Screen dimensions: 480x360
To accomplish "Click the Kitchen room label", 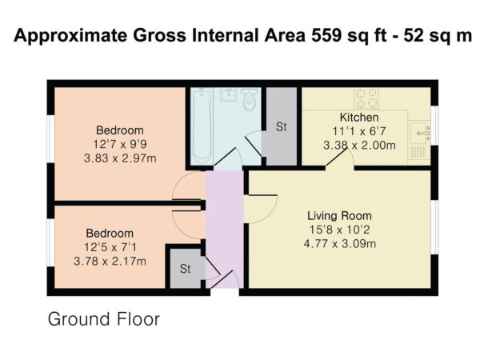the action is pyautogui.click(x=359, y=118).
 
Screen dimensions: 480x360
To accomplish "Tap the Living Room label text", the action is pyautogui.click(x=339, y=216).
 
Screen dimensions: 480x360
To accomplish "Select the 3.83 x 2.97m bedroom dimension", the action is pyautogui.click(x=120, y=158).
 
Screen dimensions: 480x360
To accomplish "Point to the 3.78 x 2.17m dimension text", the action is pyautogui.click(x=110, y=262).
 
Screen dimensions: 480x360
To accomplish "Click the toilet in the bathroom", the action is pyautogui.click(x=250, y=99).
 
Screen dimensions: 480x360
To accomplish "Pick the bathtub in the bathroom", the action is pyautogui.click(x=202, y=126).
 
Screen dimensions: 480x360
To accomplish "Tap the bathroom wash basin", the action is pyautogui.click(x=227, y=95).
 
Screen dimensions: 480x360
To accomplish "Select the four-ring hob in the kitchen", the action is pyautogui.click(x=366, y=98).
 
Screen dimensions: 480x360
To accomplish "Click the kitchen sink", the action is pyautogui.click(x=420, y=133).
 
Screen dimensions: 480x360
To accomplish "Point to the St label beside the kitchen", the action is pyautogui.click(x=282, y=126).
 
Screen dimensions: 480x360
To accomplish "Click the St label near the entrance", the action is pyautogui.click(x=186, y=269).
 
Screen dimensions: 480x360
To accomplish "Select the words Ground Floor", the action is pyautogui.click(x=104, y=319).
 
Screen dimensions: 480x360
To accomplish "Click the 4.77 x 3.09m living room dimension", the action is pyautogui.click(x=340, y=244).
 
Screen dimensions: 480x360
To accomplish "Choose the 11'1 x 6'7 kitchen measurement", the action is pyautogui.click(x=359, y=131).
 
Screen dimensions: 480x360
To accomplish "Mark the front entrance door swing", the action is pyautogui.click(x=226, y=279).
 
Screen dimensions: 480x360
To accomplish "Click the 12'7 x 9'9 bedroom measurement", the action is pyautogui.click(x=120, y=144).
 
